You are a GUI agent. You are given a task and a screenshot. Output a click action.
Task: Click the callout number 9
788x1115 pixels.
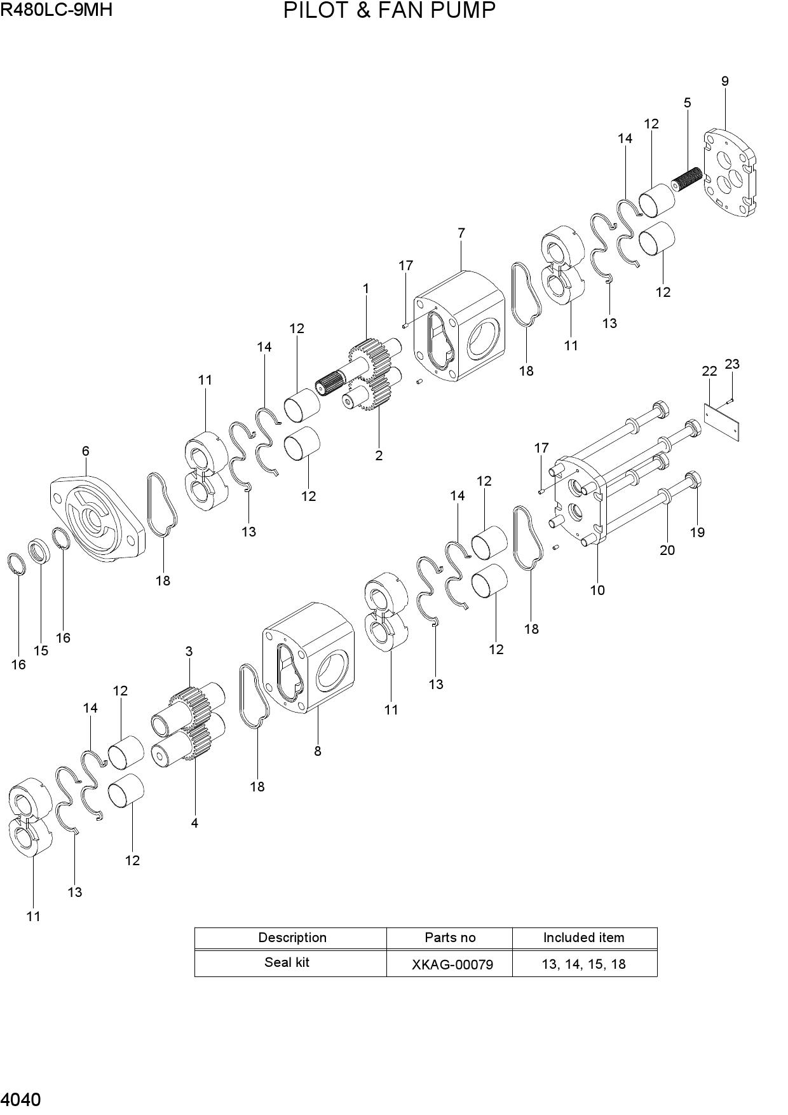point(724,81)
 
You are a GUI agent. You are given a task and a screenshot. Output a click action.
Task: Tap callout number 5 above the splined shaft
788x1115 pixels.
point(687,103)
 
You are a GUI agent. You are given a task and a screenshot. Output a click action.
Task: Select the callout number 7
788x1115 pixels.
point(461,233)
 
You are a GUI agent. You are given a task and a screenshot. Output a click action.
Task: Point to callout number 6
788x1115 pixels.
point(85,451)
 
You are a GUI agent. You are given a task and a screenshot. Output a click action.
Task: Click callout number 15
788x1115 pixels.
point(41,651)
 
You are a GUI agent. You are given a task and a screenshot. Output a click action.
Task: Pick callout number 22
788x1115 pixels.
point(709,371)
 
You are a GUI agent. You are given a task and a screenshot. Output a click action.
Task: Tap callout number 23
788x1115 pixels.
point(732,364)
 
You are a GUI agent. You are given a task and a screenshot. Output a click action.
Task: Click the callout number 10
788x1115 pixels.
point(597,591)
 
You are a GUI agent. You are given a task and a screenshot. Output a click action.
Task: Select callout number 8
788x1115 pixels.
point(318,751)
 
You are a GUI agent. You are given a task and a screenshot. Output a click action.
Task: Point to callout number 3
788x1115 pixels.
point(189,652)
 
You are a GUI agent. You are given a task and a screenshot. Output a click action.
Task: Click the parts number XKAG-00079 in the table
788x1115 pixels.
point(452,964)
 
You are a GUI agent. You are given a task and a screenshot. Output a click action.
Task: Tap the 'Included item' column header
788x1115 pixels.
point(584,938)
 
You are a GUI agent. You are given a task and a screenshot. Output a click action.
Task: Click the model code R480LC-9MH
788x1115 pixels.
point(57,10)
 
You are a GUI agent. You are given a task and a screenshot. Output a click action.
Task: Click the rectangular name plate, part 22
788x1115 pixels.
point(723,421)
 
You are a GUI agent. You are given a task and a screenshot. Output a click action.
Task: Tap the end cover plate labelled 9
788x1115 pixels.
point(730,174)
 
